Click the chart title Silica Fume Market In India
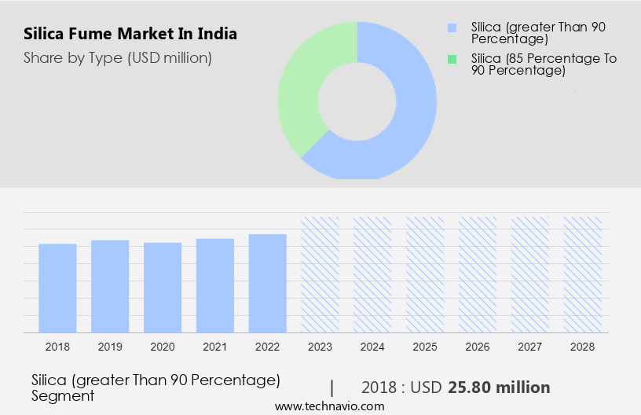coord(130,34)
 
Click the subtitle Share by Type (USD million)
coord(118,57)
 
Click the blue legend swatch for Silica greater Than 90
coord(452,28)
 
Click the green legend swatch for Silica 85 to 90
coord(452,59)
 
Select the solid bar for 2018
coord(57,288)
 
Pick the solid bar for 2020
coord(163,287)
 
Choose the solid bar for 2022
coord(268,283)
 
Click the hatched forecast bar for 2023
coord(320,274)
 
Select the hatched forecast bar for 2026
coord(478,274)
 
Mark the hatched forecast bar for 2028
coord(582,274)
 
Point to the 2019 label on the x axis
coord(110,347)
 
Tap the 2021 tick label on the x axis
coord(215,347)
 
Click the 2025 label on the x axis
coord(425,347)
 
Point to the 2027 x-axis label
coord(530,347)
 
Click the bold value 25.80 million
coord(499,387)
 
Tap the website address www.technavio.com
coord(329,406)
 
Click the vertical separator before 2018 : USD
coord(332,387)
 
